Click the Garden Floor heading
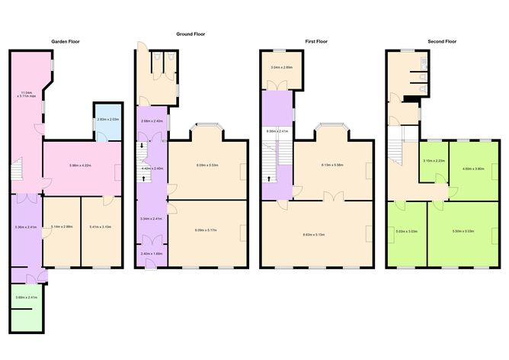(x=66, y=41)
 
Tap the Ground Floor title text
(x=190, y=34)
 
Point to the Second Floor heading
(x=441, y=41)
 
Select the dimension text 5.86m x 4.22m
(x=80, y=166)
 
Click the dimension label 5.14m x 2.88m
(x=60, y=227)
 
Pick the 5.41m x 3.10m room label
(x=100, y=227)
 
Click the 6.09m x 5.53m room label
(x=207, y=166)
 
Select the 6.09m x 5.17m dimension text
(x=207, y=230)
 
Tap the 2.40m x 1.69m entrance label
(x=151, y=254)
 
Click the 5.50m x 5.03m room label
(x=463, y=231)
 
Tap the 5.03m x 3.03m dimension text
(x=405, y=231)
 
